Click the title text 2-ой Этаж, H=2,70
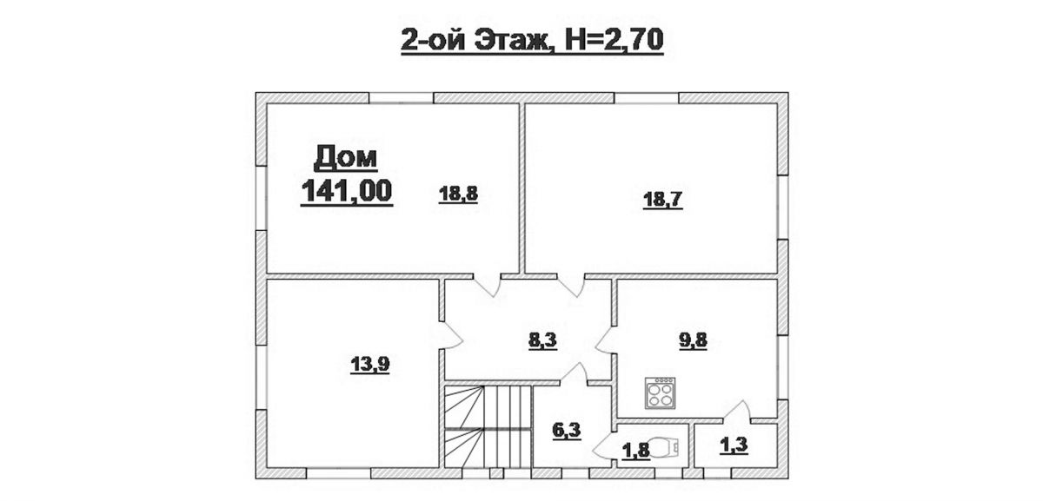point(532,41)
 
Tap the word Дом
point(346,158)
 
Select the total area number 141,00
point(347,191)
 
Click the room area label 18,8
point(458,194)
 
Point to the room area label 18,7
point(662,200)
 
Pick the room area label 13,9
point(369,364)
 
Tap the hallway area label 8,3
point(542,340)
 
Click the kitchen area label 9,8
point(693,340)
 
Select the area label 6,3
point(567,431)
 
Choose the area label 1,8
point(635,451)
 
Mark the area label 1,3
point(734,445)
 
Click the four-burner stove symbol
point(661,393)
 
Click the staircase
point(488,426)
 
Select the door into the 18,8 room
point(487,285)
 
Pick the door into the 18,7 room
point(571,285)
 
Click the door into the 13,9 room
point(450,334)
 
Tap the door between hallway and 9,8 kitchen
point(604,340)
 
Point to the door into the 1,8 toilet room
point(604,445)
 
